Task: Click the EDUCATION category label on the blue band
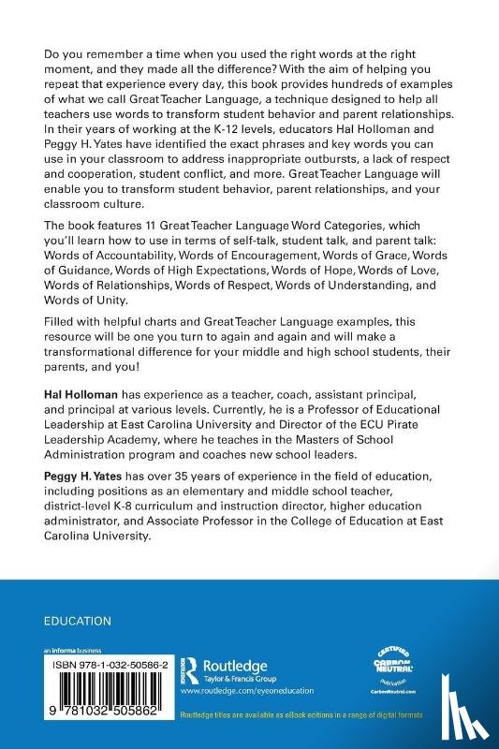pos(78,621)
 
